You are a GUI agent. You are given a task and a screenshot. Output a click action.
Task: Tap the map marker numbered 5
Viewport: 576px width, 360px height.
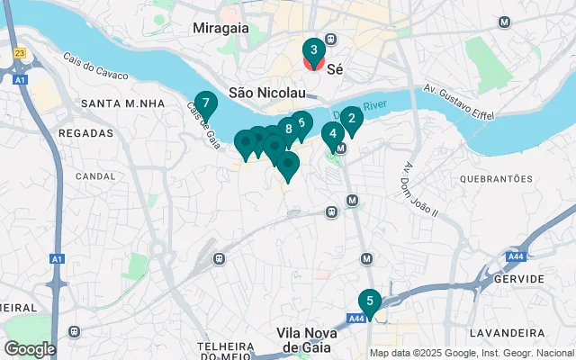pyautogui.click(x=369, y=301)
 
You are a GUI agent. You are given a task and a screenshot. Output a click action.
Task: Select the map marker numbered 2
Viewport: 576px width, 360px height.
pyautogui.click(x=351, y=118)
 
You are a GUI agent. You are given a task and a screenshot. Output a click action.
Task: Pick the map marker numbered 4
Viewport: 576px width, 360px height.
pyautogui.click(x=333, y=135)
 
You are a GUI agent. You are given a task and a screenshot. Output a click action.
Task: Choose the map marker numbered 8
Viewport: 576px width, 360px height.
pyautogui.click(x=288, y=130)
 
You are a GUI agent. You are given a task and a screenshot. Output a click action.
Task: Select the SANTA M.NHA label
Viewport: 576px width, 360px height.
pyautogui.click(x=122, y=103)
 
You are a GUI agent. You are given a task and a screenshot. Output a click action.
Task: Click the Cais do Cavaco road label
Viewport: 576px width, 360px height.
pyautogui.click(x=92, y=67)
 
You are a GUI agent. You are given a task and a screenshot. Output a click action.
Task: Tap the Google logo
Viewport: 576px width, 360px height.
pyautogui.click(x=30, y=348)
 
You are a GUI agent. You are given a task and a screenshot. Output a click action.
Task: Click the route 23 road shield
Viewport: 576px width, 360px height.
pyautogui.click(x=20, y=53)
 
